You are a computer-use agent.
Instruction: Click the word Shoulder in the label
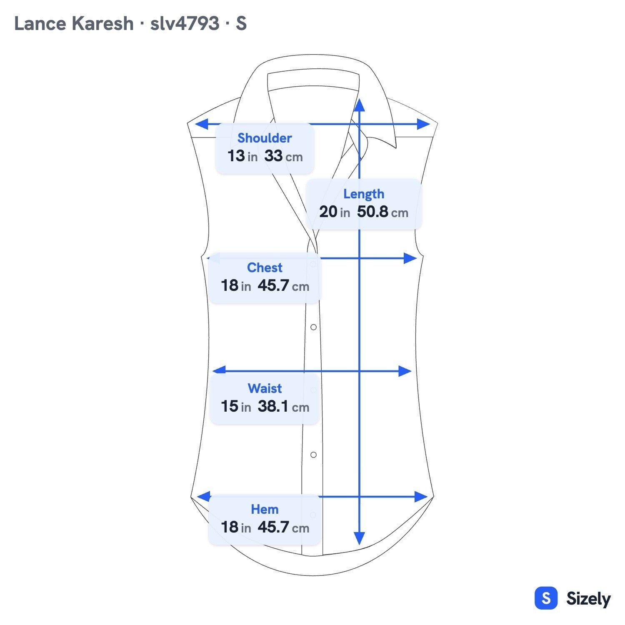click(265, 138)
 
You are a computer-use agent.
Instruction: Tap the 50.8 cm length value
click(382, 212)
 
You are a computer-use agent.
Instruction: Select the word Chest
click(265, 267)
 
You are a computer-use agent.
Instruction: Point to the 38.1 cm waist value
click(283, 406)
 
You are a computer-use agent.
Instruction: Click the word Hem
click(265, 509)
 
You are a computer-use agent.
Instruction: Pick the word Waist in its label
click(265, 388)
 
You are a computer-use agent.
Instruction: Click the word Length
click(364, 194)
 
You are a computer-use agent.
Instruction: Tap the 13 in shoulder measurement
click(242, 156)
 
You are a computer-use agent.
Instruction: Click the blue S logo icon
click(546, 598)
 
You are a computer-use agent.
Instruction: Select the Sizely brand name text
click(588, 599)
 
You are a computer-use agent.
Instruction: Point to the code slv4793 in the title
click(185, 23)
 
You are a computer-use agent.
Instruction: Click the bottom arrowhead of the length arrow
click(359, 538)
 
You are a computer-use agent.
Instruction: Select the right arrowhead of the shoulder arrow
click(423, 124)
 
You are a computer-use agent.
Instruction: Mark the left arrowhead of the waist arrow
click(219, 370)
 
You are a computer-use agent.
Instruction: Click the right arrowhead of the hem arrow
click(421, 497)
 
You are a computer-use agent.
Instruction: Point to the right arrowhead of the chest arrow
click(410, 258)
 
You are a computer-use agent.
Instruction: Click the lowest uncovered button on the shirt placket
click(313, 455)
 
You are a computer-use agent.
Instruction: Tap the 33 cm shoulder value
click(283, 156)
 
